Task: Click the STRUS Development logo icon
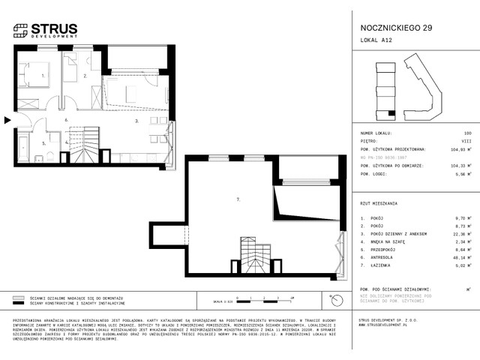coord(20,31)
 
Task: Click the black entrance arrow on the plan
coord(7,119)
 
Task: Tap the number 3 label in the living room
coord(136,121)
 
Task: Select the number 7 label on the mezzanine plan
coord(237,199)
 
